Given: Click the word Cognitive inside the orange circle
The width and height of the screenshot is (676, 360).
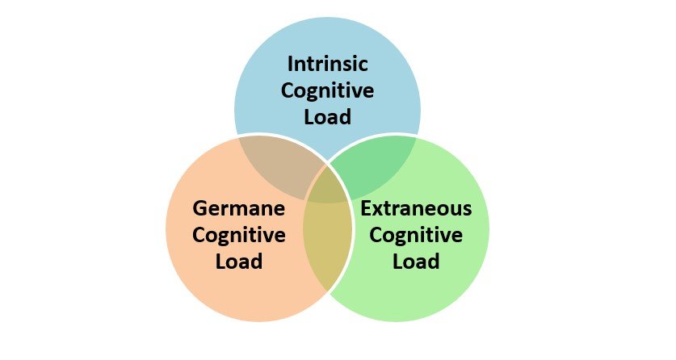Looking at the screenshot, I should pyautogui.click(x=239, y=235).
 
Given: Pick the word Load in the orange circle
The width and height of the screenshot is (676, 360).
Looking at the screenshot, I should pyautogui.click(x=239, y=262).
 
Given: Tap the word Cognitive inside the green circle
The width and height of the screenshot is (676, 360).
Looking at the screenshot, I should pyautogui.click(x=416, y=235).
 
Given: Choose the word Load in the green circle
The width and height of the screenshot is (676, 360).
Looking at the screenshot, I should pyautogui.click(x=416, y=262).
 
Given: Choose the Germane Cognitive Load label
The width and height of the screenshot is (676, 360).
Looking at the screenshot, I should pyautogui.click(x=239, y=235).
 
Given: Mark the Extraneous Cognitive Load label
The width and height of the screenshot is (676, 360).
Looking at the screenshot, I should pyautogui.click(x=416, y=235).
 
